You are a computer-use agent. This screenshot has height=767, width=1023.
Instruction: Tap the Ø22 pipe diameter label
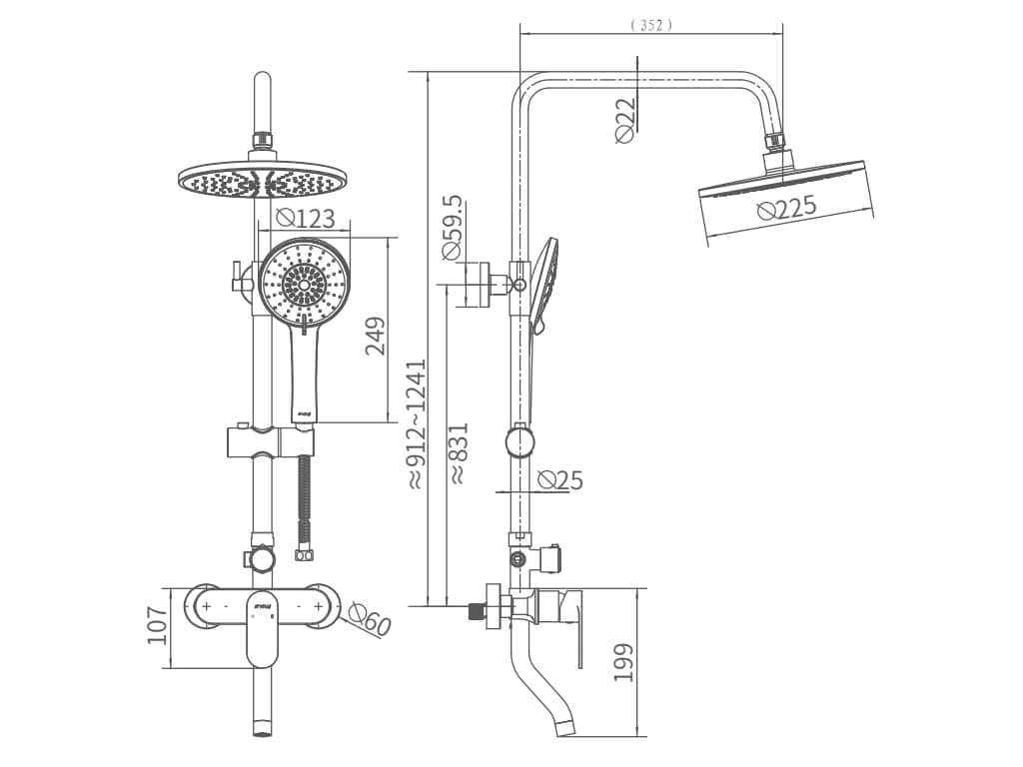pyautogui.click(x=625, y=120)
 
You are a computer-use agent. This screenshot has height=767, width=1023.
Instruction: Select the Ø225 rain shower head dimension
pyautogui.click(x=786, y=208)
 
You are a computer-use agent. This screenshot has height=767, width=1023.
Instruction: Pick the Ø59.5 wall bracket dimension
pyautogui.click(x=452, y=228)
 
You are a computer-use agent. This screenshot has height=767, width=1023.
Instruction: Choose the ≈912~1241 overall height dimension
pyautogui.click(x=416, y=423)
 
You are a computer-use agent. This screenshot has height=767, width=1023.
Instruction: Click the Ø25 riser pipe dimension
pyautogui.click(x=559, y=480)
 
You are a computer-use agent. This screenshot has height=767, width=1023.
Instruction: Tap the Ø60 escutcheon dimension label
pyautogui.click(x=371, y=623)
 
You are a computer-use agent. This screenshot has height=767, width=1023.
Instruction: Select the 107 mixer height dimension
pyautogui.click(x=158, y=625)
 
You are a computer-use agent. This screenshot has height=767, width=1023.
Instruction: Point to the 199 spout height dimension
pyautogui.click(x=624, y=662)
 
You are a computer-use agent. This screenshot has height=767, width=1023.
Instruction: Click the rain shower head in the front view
pyautogui.click(x=264, y=183)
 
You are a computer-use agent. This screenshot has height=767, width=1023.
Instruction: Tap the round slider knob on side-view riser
pyautogui.click(x=519, y=441)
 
